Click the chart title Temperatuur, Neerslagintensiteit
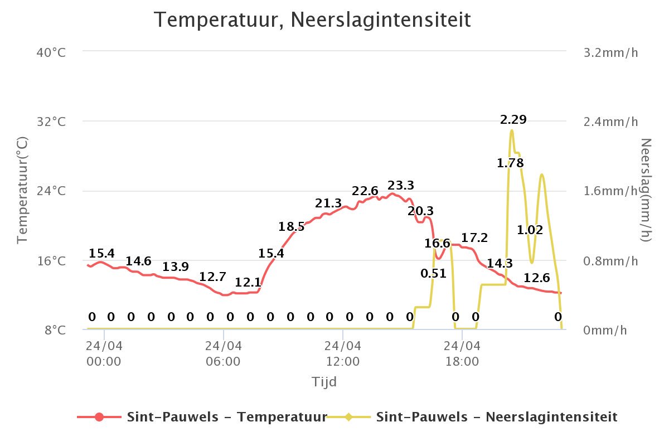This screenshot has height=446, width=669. (312, 20)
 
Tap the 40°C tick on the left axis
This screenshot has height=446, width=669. (51, 52)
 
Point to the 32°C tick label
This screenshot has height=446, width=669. (51, 122)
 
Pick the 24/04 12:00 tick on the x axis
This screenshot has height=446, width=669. (343, 353)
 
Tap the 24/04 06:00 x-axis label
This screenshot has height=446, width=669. (223, 353)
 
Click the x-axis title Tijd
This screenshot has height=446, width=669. (324, 382)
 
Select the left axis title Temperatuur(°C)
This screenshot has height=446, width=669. (22, 190)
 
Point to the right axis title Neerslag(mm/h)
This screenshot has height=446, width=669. (646, 190)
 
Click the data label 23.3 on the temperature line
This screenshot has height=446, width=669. (401, 185)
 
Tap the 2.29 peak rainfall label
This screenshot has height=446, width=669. (513, 119)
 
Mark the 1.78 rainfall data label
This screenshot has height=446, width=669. (510, 163)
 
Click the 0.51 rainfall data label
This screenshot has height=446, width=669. (434, 273)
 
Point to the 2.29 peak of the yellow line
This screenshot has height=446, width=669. (511, 130)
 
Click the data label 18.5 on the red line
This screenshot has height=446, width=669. (292, 226)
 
